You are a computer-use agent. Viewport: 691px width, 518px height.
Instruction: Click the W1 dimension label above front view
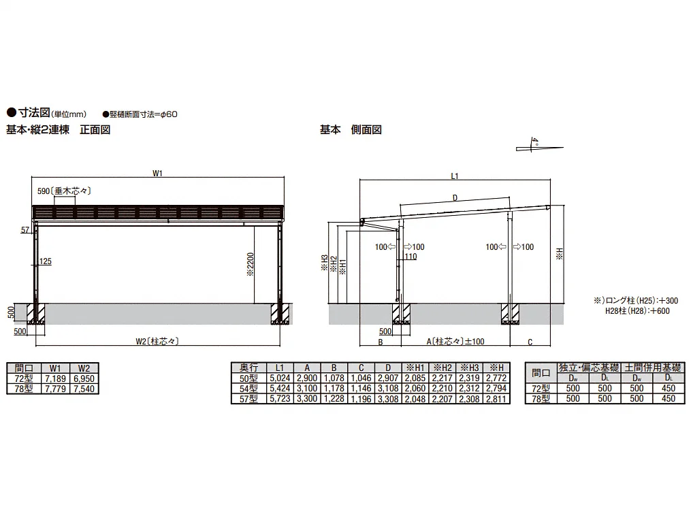157,174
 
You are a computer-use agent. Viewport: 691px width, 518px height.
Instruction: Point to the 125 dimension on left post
46,261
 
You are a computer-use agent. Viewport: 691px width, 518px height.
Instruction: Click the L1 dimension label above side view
455,176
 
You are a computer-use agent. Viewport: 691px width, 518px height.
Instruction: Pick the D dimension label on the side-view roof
455,198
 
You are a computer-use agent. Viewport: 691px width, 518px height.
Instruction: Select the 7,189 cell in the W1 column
55,377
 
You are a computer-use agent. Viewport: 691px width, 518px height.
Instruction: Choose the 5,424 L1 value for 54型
280,388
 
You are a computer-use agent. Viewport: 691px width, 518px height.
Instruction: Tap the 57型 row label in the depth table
248,398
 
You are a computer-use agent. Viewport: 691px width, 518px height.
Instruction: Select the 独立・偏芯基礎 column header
588,367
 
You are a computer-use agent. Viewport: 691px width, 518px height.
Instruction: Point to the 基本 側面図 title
351,129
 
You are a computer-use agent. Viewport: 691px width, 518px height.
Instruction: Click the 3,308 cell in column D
388,399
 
